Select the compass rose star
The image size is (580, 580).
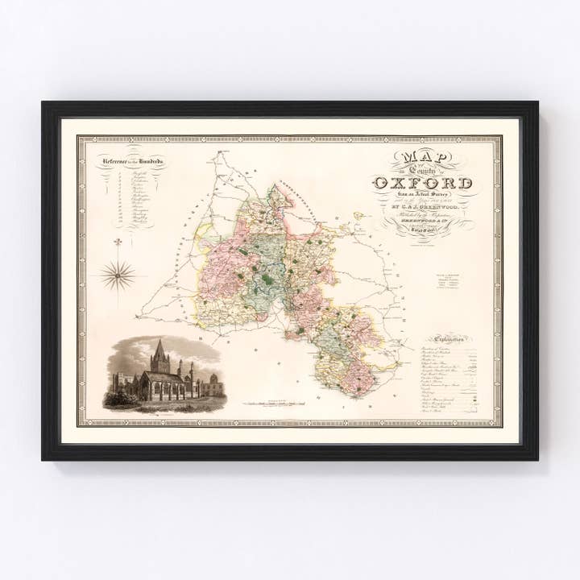point(118,275)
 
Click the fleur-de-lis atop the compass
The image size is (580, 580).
point(118,242)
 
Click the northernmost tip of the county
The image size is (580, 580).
point(276,186)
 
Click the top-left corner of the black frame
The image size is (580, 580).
point(43,103)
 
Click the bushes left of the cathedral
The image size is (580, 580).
point(114,396)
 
